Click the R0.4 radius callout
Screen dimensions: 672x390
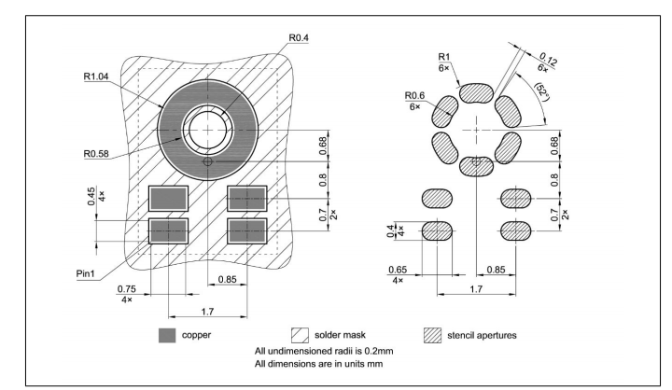pos(299,37)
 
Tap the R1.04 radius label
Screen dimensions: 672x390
pos(96,77)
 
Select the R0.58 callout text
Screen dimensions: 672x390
pos(96,153)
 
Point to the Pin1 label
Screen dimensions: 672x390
pos(85,273)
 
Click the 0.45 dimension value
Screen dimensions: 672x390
pos(91,196)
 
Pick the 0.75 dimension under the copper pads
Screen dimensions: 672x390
pos(126,289)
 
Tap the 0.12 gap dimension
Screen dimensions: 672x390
pos(549,59)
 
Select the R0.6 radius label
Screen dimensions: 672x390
pos(414,95)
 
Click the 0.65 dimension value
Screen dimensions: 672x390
pos(398,270)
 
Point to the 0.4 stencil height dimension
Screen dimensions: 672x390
pos(390,231)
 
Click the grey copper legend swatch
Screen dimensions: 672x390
pos(167,336)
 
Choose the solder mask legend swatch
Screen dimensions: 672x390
pos(300,336)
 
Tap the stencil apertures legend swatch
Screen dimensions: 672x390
pos(432,336)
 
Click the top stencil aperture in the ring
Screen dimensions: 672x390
pos(476,93)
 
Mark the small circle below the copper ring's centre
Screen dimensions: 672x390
pos(208,161)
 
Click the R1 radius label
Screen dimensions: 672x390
pos(444,57)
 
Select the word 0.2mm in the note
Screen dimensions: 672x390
pos(379,351)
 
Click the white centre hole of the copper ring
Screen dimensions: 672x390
pos(208,130)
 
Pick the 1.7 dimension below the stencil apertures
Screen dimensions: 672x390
pos(476,289)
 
